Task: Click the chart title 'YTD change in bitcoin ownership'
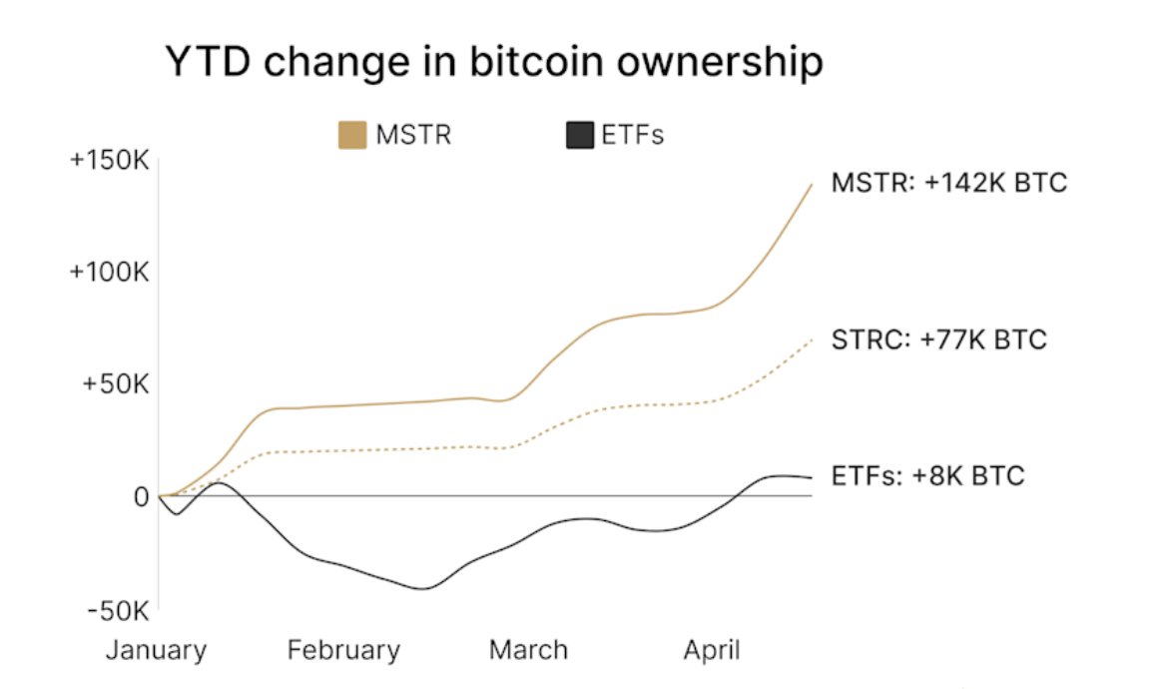click(493, 62)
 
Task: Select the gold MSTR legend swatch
click(352, 135)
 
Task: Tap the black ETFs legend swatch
click(580, 135)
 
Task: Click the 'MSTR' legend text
click(413, 135)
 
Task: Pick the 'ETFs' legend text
click(633, 135)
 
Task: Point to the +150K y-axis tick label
click(109, 161)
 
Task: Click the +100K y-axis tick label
click(109, 273)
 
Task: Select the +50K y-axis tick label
click(115, 384)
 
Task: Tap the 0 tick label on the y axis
click(141, 496)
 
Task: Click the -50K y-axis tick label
click(117, 609)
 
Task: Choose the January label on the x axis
click(156, 651)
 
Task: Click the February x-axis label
click(343, 651)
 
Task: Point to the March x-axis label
click(528, 651)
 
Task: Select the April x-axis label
click(712, 651)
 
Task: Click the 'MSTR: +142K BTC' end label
click(949, 184)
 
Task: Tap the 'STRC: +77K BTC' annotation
click(938, 340)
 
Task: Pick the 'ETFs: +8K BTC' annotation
click(927, 475)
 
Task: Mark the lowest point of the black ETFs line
click(421, 588)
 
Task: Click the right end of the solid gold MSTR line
click(812, 185)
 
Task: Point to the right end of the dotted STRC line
click(812, 340)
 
